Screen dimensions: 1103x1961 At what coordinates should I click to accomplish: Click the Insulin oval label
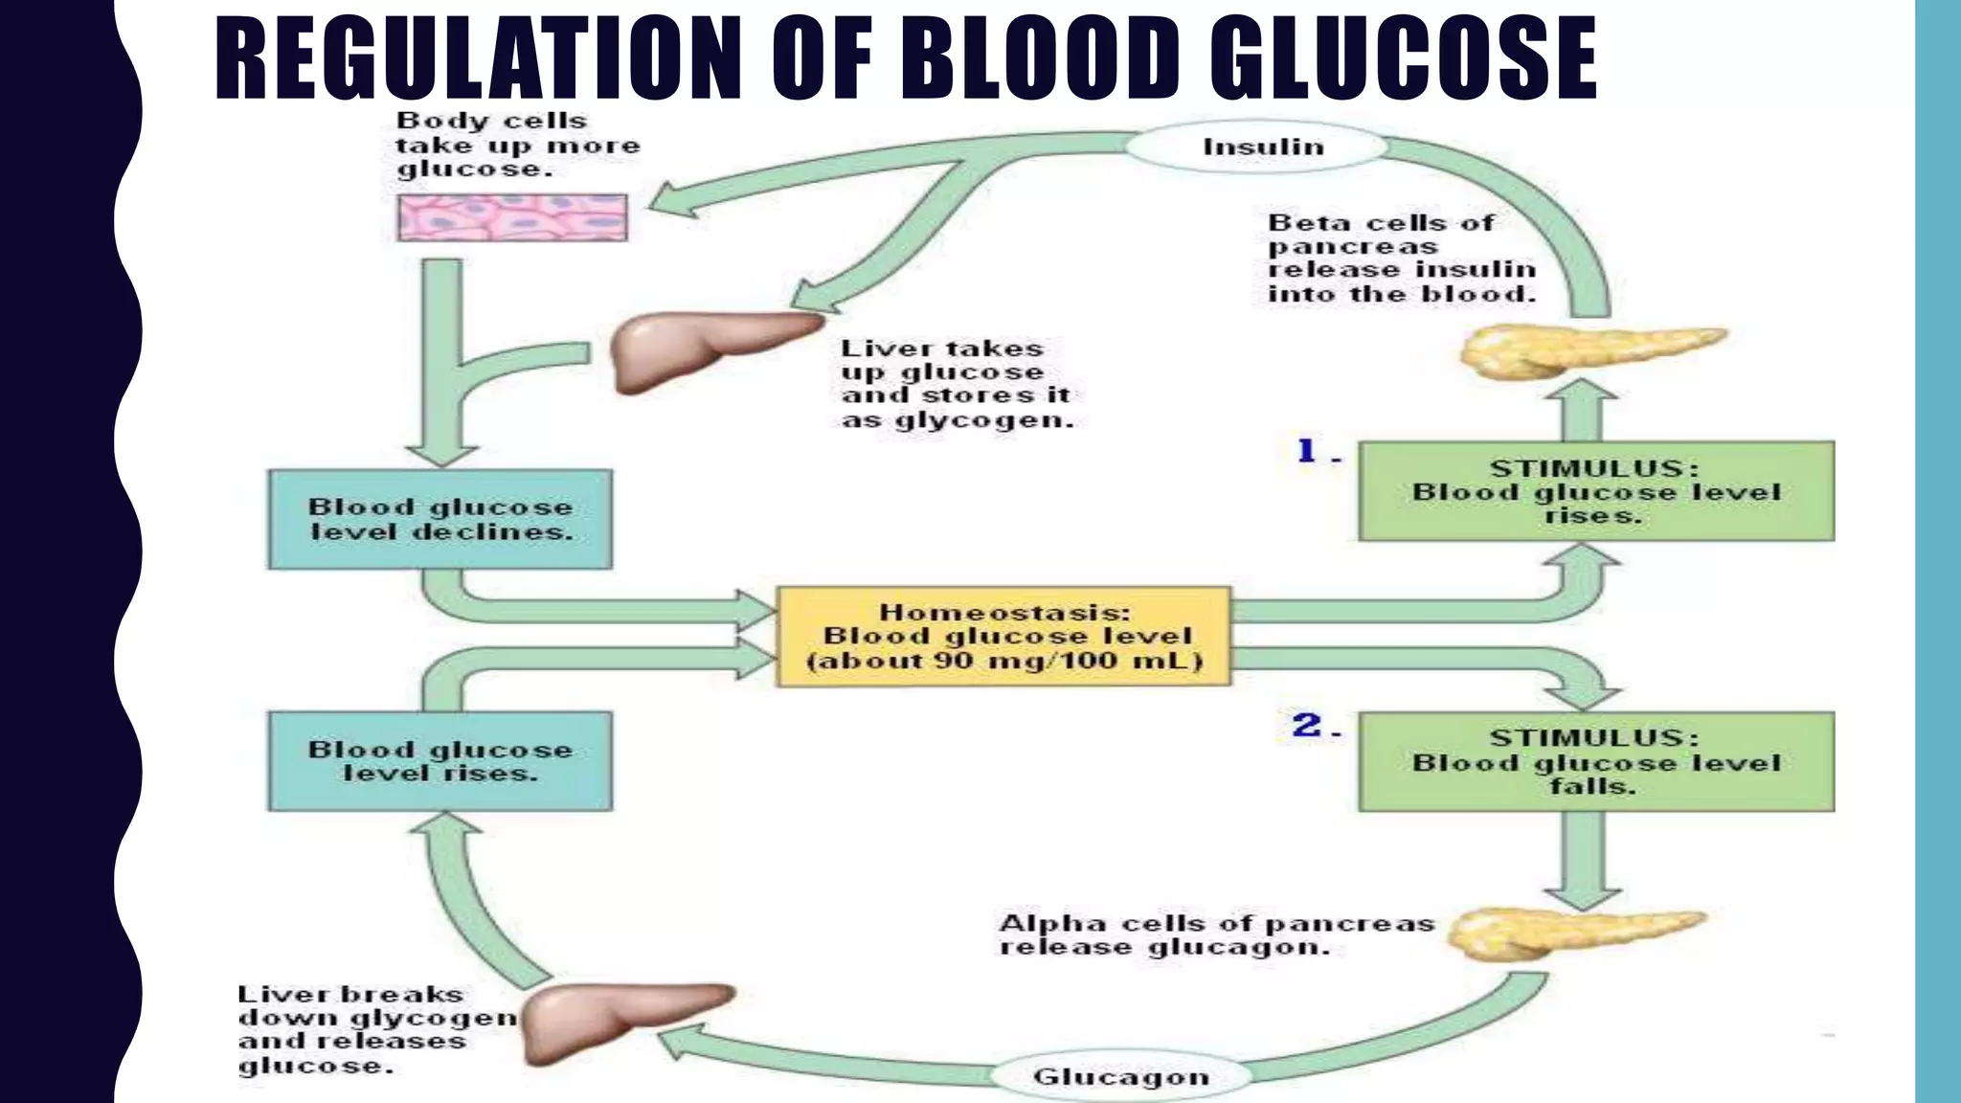point(1262,146)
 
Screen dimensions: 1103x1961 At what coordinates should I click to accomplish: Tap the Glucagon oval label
point(1120,1077)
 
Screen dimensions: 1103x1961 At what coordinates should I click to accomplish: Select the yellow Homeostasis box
point(1003,637)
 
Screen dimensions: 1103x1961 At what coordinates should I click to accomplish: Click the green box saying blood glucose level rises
point(1596,491)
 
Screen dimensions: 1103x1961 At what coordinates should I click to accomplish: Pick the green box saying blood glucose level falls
point(1596,762)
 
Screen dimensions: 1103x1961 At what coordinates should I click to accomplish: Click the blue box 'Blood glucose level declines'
point(440,519)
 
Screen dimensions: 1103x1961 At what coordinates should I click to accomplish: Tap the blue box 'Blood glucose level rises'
point(440,761)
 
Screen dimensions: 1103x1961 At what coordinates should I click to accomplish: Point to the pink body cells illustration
point(512,217)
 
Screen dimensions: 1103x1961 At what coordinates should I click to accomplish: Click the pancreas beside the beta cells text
point(1589,350)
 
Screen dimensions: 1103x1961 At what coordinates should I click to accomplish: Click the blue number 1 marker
point(1307,450)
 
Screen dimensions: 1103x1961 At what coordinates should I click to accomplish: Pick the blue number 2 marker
point(1307,725)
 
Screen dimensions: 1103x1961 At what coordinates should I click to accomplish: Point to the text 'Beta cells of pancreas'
point(1381,235)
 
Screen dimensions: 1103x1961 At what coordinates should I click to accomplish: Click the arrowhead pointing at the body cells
point(670,203)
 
